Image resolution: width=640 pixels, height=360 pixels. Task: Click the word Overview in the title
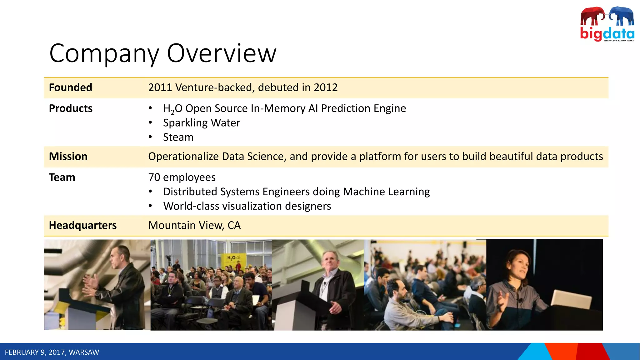coord(222,53)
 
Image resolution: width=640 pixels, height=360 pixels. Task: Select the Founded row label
coord(70,87)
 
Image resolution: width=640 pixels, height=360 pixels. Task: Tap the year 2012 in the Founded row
coord(326,87)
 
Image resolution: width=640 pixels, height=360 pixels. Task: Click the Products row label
coord(71,108)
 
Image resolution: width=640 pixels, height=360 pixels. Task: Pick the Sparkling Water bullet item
coord(202,123)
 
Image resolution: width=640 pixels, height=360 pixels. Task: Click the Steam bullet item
coord(178,137)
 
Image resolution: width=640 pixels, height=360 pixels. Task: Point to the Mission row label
coord(68,156)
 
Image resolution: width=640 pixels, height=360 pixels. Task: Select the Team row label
coord(62,177)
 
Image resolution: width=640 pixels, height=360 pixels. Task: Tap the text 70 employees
coord(182,177)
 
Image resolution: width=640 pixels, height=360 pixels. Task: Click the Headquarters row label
coord(82,225)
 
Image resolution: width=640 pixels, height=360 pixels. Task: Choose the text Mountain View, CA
coord(194,225)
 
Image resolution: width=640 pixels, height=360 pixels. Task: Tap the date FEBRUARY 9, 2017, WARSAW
coord(52,352)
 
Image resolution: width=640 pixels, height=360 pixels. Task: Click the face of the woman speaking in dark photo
coord(520,265)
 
